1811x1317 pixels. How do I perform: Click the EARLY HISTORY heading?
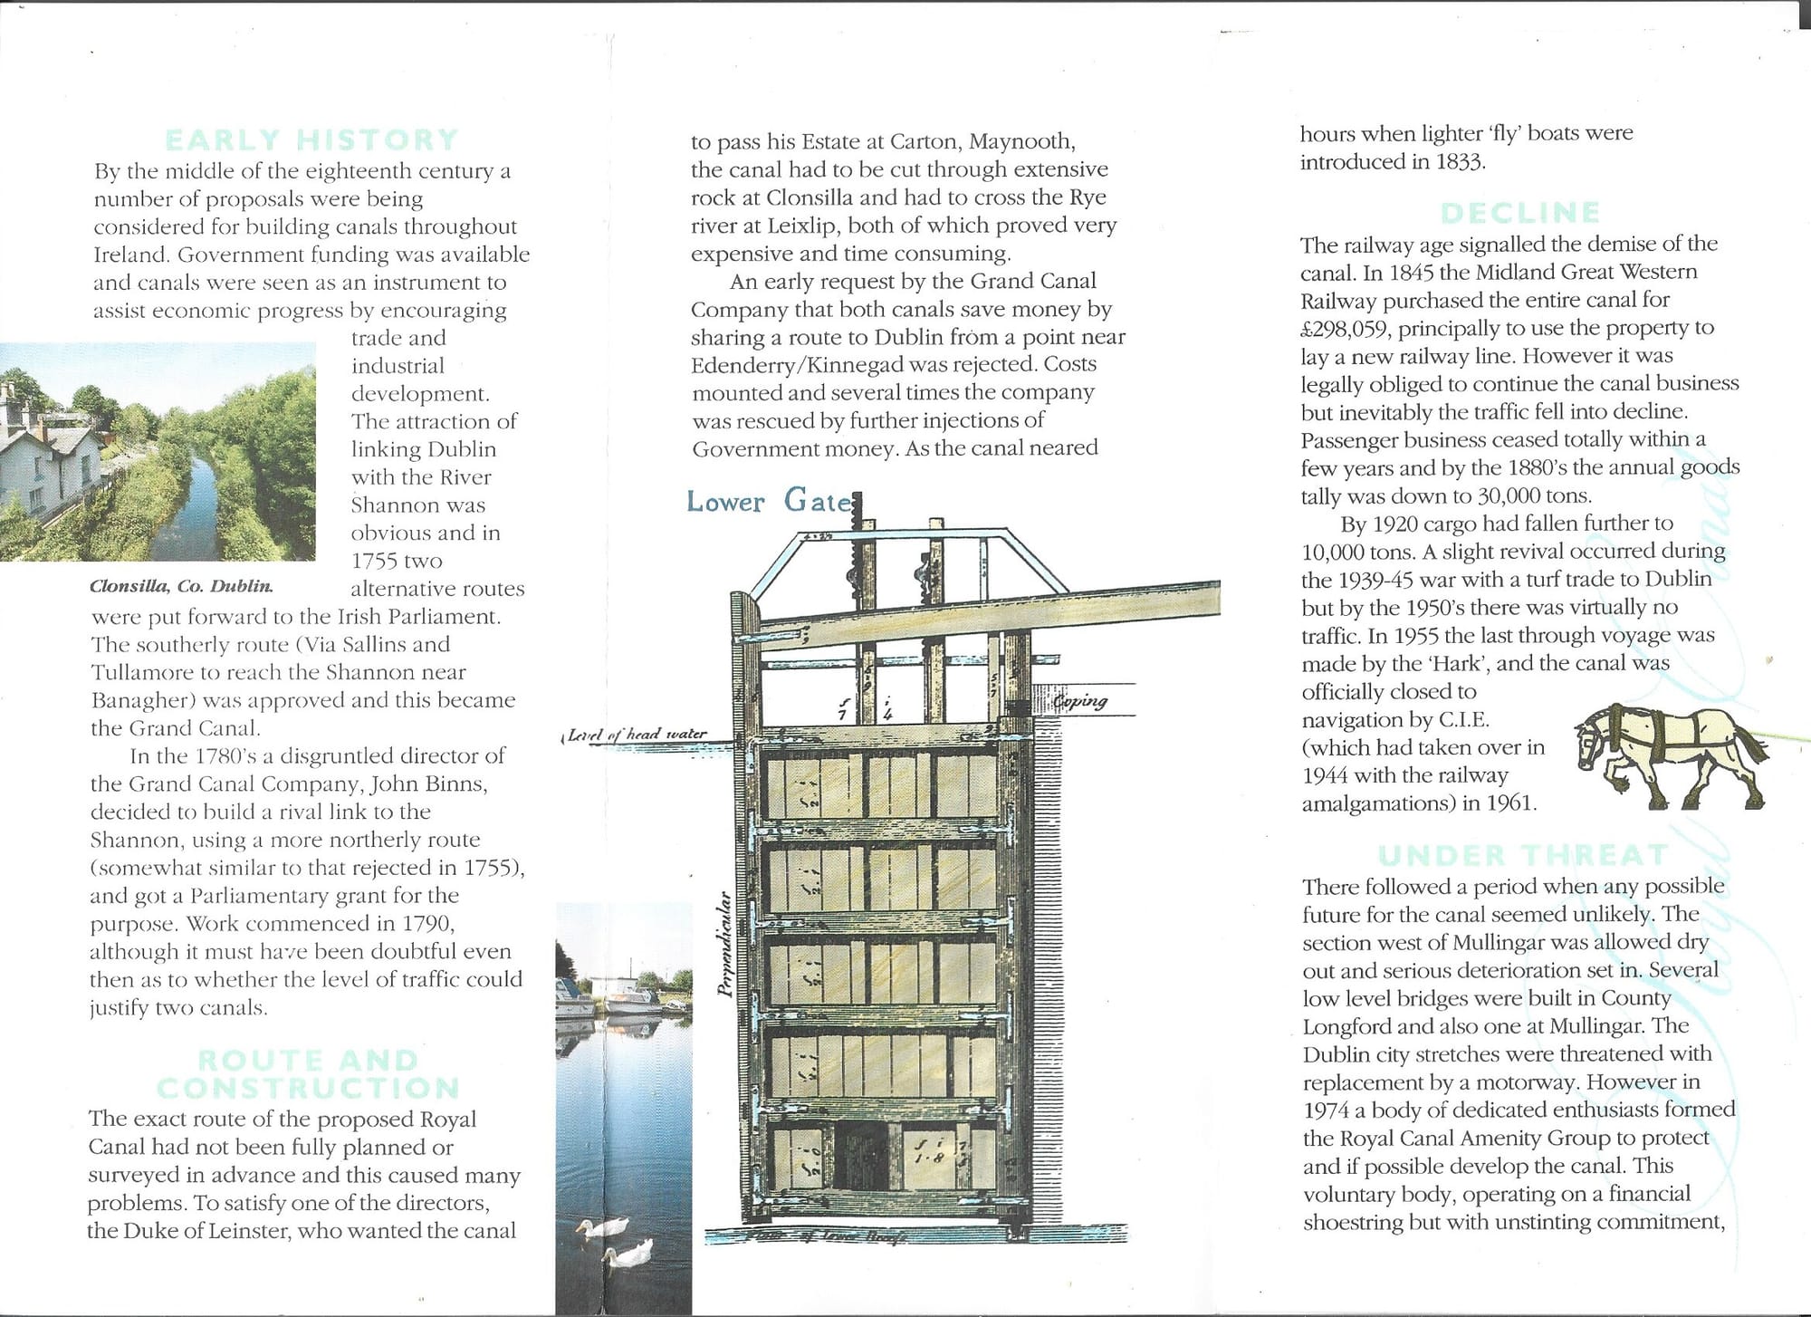click(311, 140)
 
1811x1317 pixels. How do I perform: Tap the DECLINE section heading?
click(1520, 213)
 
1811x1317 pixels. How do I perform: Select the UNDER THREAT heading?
click(1522, 856)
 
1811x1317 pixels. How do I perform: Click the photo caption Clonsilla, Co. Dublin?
click(181, 586)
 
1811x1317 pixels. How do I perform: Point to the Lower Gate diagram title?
click(769, 501)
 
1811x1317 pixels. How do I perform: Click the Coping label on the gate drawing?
click(1079, 701)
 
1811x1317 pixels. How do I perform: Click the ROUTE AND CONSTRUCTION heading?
click(308, 1073)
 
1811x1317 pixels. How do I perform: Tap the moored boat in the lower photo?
click(634, 1001)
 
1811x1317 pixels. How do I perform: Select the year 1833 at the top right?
click(1459, 162)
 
